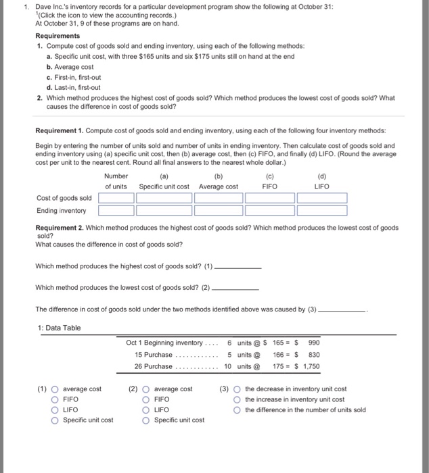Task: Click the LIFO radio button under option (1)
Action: pos(55,409)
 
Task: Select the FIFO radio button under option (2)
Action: pos(146,399)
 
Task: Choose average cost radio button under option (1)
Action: pos(55,389)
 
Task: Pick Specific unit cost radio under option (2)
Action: pos(146,420)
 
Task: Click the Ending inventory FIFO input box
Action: pos(269,211)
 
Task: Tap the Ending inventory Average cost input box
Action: pos(218,211)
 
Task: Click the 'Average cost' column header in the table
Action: pos(218,186)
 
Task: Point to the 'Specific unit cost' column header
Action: pos(164,186)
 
